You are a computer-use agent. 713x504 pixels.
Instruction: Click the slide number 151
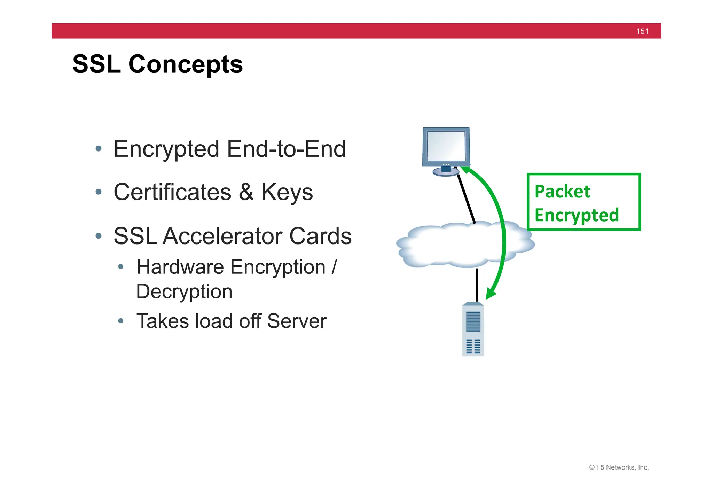point(642,31)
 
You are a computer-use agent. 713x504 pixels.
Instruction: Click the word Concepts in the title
point(186,64)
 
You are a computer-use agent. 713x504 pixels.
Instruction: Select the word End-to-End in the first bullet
point(286,149)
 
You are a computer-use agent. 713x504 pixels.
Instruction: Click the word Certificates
point(172,192)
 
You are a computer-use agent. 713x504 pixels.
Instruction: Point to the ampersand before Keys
point(246,192)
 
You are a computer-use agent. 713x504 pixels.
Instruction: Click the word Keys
point(287,192)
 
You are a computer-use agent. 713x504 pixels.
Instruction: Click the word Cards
point(320,236)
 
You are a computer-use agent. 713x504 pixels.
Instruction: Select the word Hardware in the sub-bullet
point(180,267)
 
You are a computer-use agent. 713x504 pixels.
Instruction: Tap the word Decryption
point(184,292)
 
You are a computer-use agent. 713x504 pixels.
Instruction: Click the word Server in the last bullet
point(297,321)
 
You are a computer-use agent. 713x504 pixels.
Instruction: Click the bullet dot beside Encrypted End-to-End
point(99,149)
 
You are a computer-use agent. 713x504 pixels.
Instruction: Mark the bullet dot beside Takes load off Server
point(121,321)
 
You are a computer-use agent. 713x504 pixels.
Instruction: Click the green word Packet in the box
point(562,192)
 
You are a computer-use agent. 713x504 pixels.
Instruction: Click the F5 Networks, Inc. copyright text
point(619,467)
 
